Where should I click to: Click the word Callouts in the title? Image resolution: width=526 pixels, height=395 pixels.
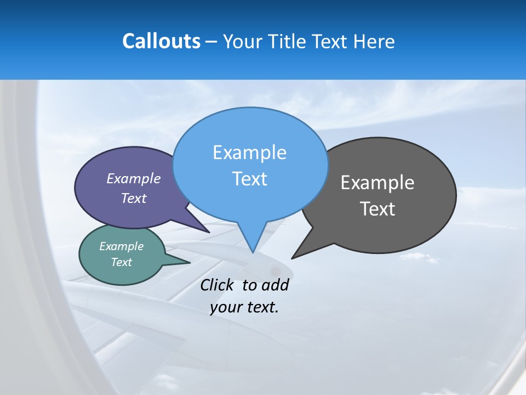(x=161, y=42)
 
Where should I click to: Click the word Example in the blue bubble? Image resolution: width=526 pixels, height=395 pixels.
(x=249, y=153)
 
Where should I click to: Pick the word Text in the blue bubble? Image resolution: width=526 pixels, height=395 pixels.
(x=249, y=179)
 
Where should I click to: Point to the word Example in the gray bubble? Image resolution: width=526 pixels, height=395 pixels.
(x=378, y=183)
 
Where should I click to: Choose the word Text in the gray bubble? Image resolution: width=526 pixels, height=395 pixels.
(x=378, y=209)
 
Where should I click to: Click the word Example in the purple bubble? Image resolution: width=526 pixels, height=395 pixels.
(x=134, y=179)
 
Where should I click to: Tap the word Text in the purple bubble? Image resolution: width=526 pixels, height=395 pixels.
(x=134, y=199)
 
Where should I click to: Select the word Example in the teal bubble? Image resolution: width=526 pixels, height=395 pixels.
(x=121, y=246)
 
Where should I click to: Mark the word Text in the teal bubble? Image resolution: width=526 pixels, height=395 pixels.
(x=121, y=262)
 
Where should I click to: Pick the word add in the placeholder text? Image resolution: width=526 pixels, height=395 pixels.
(x=275, y=285)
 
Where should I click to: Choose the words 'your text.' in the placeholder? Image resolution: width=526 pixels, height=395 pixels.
(x=244, y=308)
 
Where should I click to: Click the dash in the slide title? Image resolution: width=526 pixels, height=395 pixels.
(x=211, y=42)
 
